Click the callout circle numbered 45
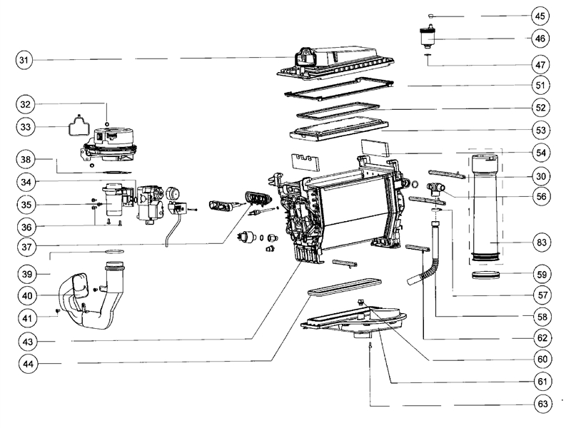[540, 16]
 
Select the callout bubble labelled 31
[26, 61]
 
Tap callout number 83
[540, 243]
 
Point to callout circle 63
[540, 403]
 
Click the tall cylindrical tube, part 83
[487, 214]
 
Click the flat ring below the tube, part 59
[487, 275]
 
